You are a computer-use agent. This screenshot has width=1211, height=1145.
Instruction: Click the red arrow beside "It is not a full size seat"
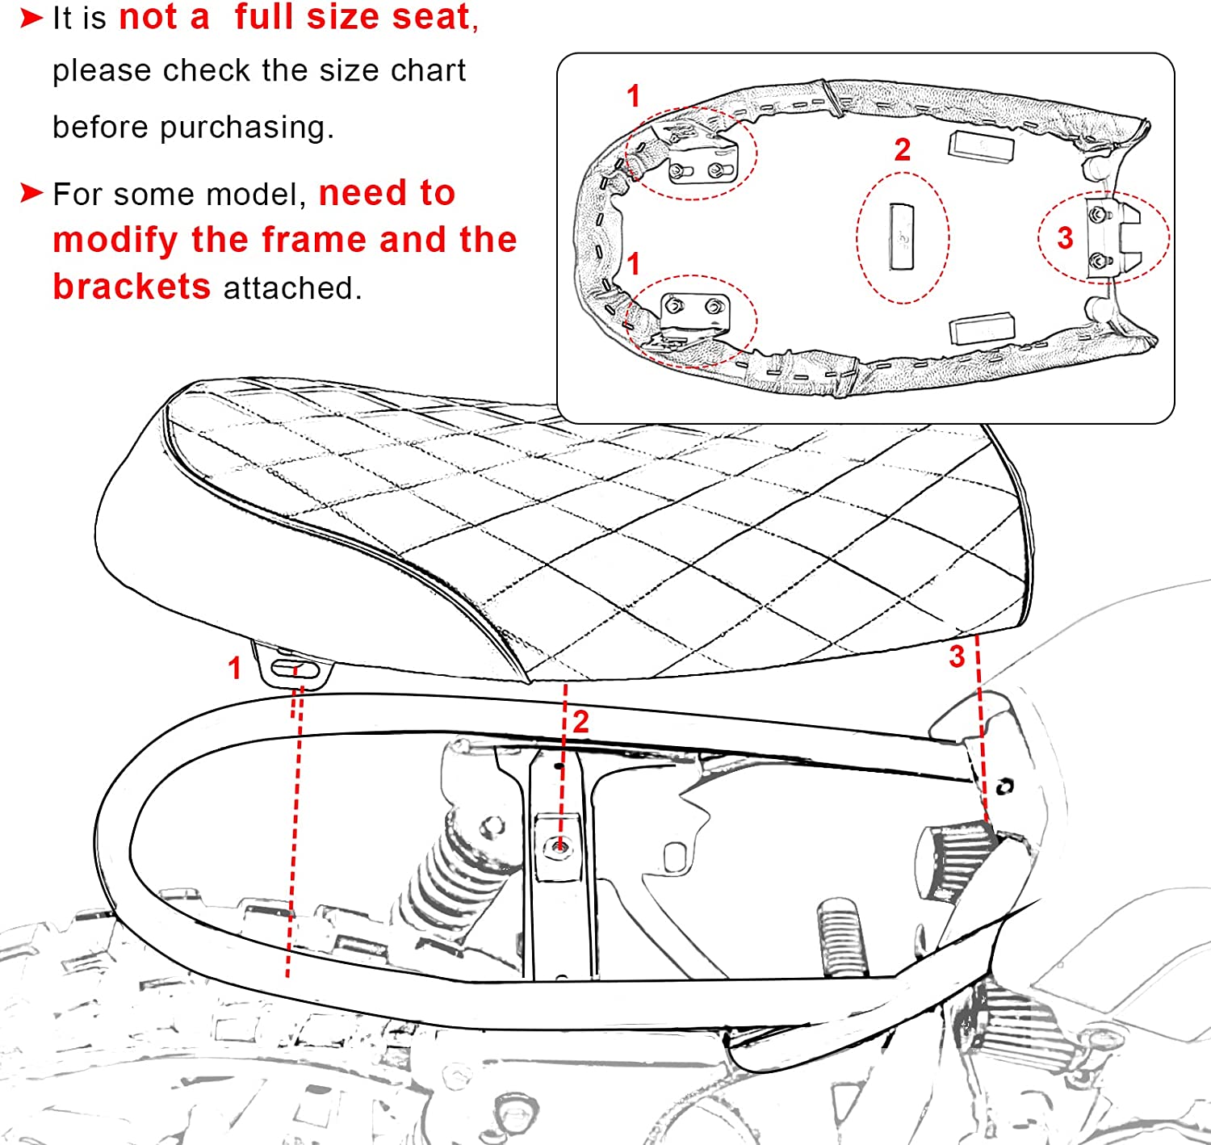[31, 19]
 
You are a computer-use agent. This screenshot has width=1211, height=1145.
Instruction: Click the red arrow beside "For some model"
[31, 193]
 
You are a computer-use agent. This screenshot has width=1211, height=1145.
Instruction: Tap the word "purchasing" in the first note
[246, 128]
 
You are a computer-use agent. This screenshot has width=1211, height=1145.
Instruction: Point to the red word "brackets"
[132, 287]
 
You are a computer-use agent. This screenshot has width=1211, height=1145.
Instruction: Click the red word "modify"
[115, 241]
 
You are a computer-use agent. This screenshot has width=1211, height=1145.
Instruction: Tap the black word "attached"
[292, 287]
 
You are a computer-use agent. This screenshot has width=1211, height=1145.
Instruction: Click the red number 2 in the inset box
[902, 149]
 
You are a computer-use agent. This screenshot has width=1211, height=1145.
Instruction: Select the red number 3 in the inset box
[1065, 238]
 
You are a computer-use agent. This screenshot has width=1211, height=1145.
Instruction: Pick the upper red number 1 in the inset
[634, 96]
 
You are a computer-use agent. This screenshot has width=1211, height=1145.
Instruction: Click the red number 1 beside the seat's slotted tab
[234, 668]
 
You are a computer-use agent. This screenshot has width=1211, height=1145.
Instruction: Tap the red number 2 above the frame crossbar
[580, 722]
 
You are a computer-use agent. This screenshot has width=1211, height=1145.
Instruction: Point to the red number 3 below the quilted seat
[957, 657]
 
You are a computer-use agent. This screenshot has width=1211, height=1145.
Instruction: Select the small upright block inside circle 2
[902, 237]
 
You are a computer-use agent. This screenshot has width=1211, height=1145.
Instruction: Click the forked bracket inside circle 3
[1113, 238]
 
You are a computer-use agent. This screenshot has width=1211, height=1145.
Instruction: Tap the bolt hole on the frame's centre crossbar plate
[559, 847]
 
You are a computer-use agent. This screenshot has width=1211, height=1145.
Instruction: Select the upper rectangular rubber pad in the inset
[981, 147]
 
